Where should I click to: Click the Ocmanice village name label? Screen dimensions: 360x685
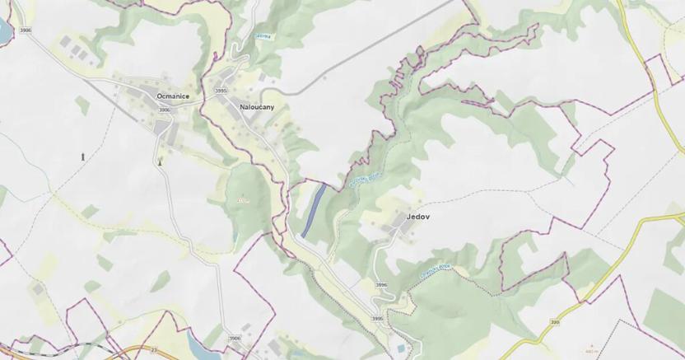(x=173, y=96)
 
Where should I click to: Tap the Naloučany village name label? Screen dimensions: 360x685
(x=257, y=107)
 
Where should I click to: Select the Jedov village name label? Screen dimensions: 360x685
(x=418, y=217)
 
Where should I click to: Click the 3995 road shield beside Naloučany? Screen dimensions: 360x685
(x=221, y=91)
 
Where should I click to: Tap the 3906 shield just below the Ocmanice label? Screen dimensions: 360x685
(x=164, y=110)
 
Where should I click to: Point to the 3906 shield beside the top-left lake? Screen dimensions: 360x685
(x=26, y=31)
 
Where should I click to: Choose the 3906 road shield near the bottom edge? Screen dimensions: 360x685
(x=235, y=338)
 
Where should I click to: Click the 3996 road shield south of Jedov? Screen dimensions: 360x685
(x=380, y=285)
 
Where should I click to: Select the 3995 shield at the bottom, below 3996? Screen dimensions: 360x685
(x=377, y=319)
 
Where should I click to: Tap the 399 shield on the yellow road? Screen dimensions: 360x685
(x=556, y=323)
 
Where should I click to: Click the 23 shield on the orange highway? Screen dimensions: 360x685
(x=153, y=350)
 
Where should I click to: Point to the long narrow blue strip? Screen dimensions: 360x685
(x=313, y=211)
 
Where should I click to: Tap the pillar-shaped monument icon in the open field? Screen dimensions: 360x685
(x=82, y=157)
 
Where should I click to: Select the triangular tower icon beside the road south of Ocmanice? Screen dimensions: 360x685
(x=161, y=161)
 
